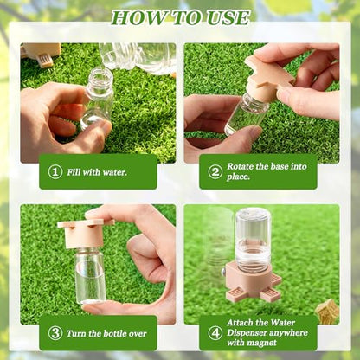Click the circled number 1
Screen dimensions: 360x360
coord(55,172)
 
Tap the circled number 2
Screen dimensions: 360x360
coord(215,171)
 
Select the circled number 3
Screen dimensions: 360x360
coord(55,333)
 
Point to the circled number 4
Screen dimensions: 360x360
coord(215,333)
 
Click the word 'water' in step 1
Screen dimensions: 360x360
coord(115,172)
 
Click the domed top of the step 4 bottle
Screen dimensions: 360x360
coord(253,214)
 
